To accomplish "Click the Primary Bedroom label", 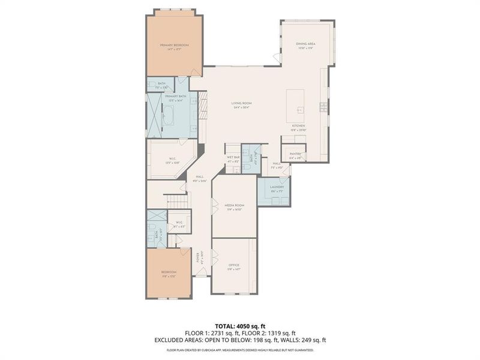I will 174,46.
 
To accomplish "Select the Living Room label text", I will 242,103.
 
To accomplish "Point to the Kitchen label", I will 298,126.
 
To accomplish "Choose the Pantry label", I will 295,154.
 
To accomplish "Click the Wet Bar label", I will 233,160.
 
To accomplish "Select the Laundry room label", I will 277,187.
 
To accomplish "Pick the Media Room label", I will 234,205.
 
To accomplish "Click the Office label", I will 234,265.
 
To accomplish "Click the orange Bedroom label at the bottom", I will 168,272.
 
